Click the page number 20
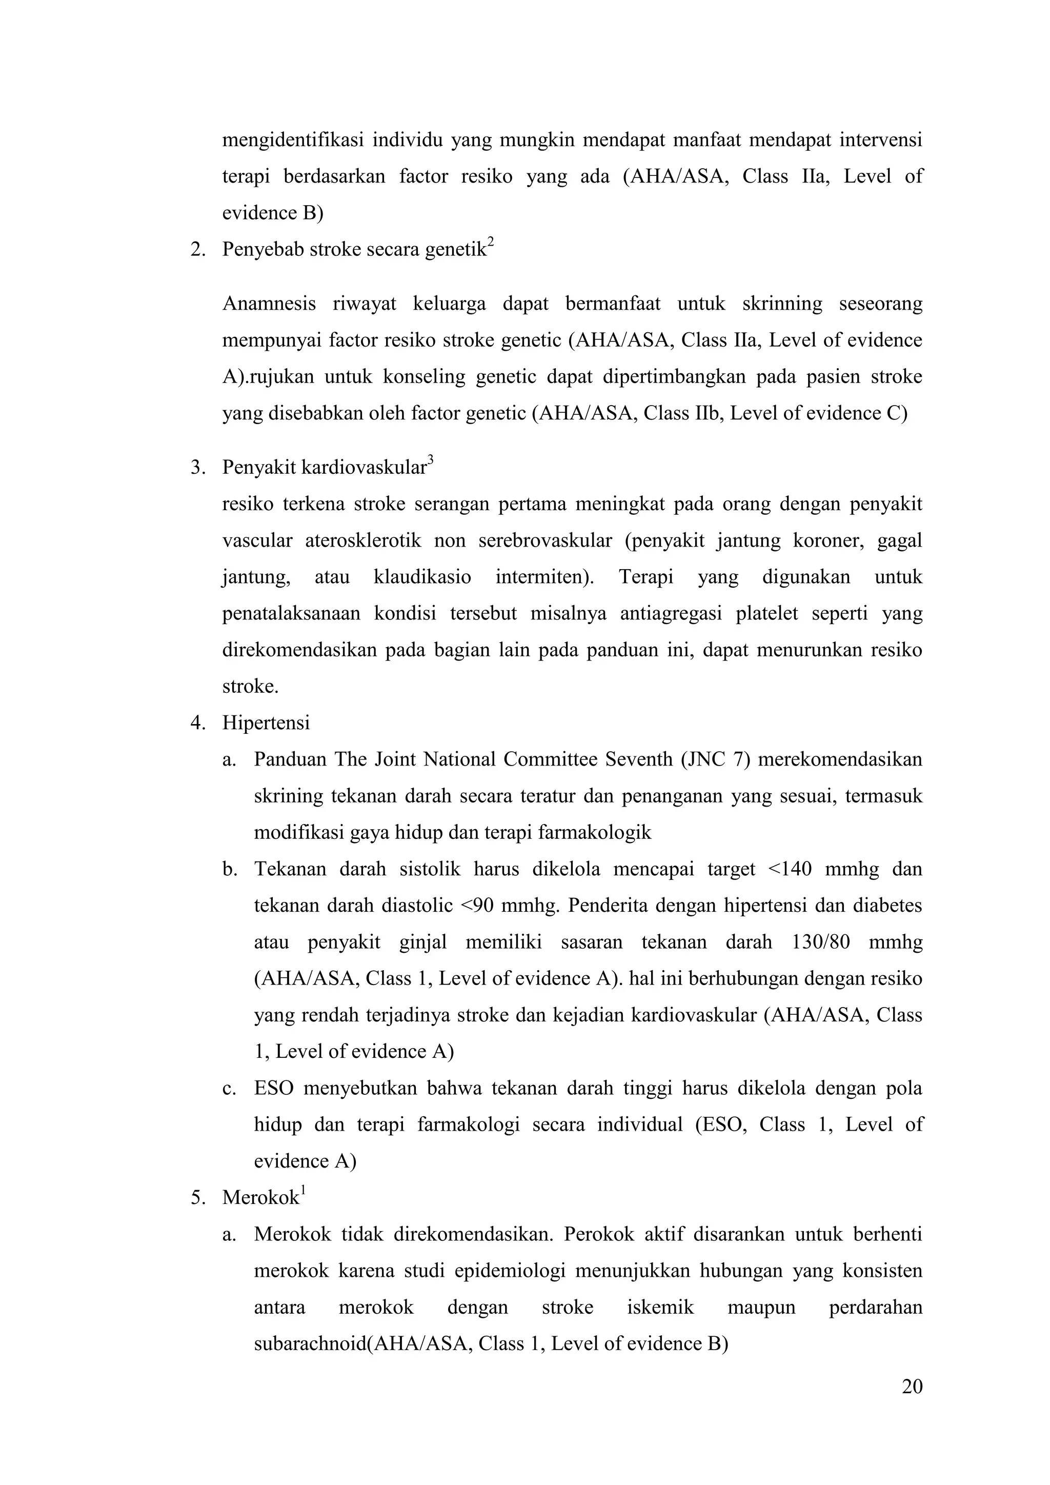click(x=912, y=1387)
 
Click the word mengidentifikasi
click(x=293, y=139)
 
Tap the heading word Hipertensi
click(x=266, y=723)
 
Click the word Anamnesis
click(x=269, y=304)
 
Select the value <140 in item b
click(x=790, y=869)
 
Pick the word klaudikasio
click(x=422, y=576)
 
